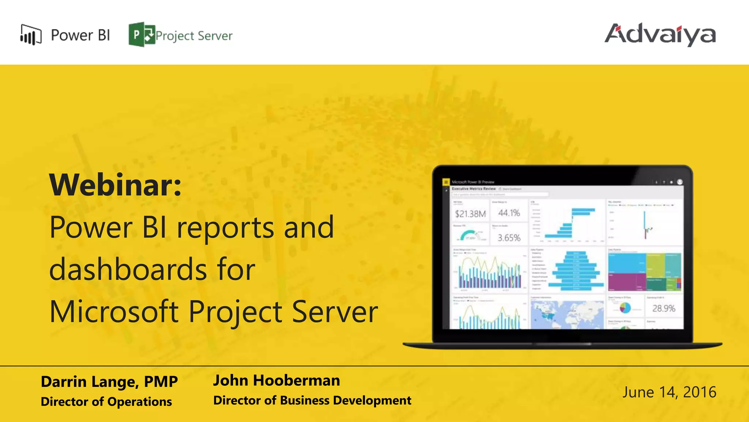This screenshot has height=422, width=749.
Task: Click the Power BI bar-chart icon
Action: click(31, 35)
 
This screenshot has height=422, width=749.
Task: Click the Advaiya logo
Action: click(660, 35)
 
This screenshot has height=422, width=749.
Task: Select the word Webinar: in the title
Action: click(115, 185)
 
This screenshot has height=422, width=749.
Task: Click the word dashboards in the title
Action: click(128, 269)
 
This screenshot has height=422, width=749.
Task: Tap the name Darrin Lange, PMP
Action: click(109, 381)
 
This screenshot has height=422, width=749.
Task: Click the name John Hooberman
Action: click(276, 380)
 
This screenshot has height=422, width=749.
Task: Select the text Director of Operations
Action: click(106, 401)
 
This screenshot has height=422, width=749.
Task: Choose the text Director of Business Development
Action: click(312, 400)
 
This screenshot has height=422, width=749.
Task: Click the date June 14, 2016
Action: click(669, 392)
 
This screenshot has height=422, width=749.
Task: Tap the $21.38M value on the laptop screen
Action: click(470, 214)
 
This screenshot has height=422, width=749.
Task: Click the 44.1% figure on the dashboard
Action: click(509, 213)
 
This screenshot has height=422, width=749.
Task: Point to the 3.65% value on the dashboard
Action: click(509, 238)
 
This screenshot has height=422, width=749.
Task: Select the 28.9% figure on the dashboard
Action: click(663, 308)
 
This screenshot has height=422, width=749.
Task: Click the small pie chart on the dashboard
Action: click(625, 308)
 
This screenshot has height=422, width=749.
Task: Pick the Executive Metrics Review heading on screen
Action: click(474, 189)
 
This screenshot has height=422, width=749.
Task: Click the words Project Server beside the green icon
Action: click(194, 36)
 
